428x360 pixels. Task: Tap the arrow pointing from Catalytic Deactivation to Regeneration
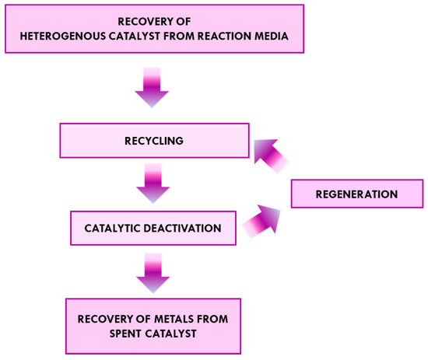[x=261, y=222]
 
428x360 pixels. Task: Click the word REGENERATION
[x=356, y=193]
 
